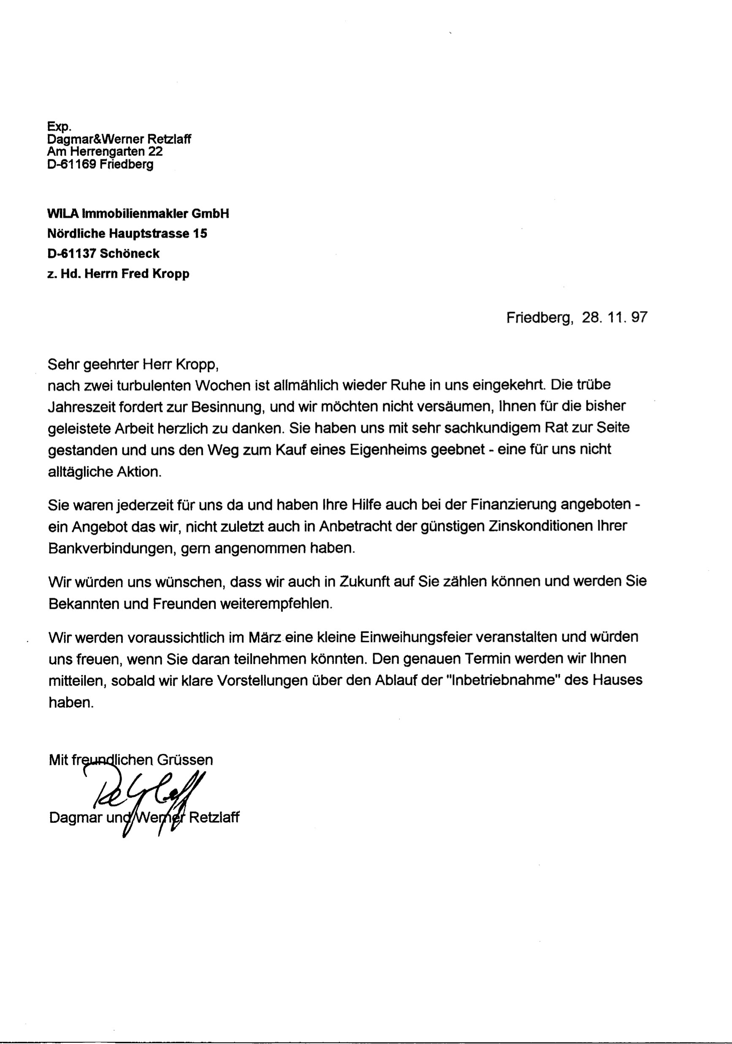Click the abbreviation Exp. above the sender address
(59, 127)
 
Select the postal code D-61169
(71, 165)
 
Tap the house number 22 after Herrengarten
(155, 152)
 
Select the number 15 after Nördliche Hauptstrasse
(200, 234)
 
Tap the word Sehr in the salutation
(63, 365)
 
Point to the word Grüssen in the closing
(184, 760)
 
